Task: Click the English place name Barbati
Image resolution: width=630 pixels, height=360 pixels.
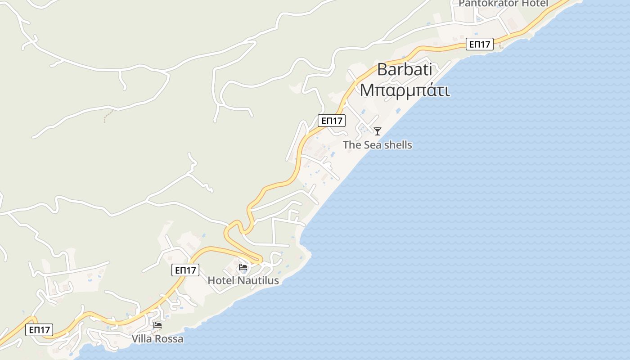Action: pyautogui.click(x=405, y=70)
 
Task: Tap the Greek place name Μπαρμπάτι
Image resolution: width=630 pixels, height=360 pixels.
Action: pyautogui.click(x=405, y=90)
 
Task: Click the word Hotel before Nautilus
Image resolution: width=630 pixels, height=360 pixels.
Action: pyautogui.click(x=221, y=280)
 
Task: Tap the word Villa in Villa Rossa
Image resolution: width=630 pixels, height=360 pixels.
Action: pyautogui.click(x=142, y=338)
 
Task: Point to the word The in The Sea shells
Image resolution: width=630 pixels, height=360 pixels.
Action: pyautogui.click(x=352, y=145)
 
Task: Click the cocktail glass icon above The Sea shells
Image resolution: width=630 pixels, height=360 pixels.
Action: pyautogui.click(x=378, y=131)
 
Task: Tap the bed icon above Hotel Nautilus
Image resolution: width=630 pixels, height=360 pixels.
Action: pyautogui.click(x=243, y=267)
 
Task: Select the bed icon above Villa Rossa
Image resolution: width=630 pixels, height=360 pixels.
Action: pyautogui.click(x=157, y=325)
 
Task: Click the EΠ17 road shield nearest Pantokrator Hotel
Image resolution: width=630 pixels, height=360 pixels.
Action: pyautogui.click(x=480, y=44)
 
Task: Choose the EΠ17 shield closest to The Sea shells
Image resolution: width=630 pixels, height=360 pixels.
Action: pyautogui.click(x=332, y=121)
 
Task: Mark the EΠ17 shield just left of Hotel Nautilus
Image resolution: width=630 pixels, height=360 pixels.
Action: pyautogui.click(x=185, y=270)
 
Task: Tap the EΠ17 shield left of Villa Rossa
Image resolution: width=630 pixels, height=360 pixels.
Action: pyautogui.click(x=39, y=330)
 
